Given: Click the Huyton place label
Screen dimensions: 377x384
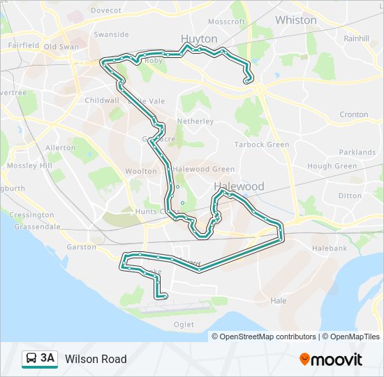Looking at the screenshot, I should click(199, 38).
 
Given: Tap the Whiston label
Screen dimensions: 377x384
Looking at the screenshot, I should click(295, 20).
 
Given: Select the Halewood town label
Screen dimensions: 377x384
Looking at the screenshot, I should click(239, 186).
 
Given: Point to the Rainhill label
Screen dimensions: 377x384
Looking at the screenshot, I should click(355, 38).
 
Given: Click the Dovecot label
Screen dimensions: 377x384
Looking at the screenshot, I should click(105, 10).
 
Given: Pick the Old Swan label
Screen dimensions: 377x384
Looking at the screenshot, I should click(61, 47).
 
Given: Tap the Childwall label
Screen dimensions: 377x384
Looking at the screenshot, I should click(101, 101).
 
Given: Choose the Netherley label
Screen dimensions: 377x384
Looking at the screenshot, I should click(195, 121).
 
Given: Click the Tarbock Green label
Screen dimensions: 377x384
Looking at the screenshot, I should click(261, 145).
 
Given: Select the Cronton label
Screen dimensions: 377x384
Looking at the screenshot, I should click(353, 114).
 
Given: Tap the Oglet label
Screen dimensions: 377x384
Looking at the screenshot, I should click(184, 324).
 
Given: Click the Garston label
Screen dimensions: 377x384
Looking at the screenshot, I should click(81, 246).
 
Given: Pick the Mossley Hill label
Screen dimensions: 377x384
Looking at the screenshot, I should click(29, 165).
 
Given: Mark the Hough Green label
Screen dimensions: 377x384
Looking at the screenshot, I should click(332, 166).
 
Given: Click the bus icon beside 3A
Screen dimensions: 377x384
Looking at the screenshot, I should click(31, 359).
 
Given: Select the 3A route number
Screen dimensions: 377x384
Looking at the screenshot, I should click(47, 359).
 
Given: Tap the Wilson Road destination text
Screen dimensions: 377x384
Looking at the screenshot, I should click(96, 359).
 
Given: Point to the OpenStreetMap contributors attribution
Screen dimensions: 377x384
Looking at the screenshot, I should click(264, 337).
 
